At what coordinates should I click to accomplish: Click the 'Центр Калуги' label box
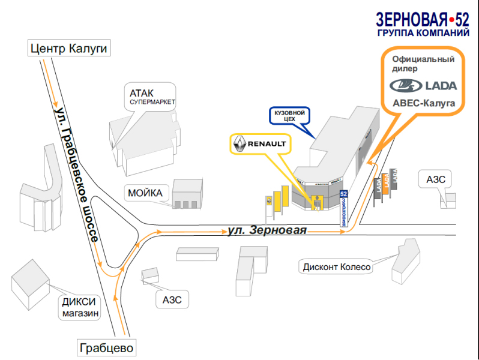pos(70,49)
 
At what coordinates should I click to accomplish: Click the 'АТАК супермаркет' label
pos(152,97)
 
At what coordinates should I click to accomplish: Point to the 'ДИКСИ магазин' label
pos(79,307)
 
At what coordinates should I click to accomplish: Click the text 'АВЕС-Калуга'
pos(424,103)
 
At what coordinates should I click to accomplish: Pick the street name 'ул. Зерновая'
pos(267,230)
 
